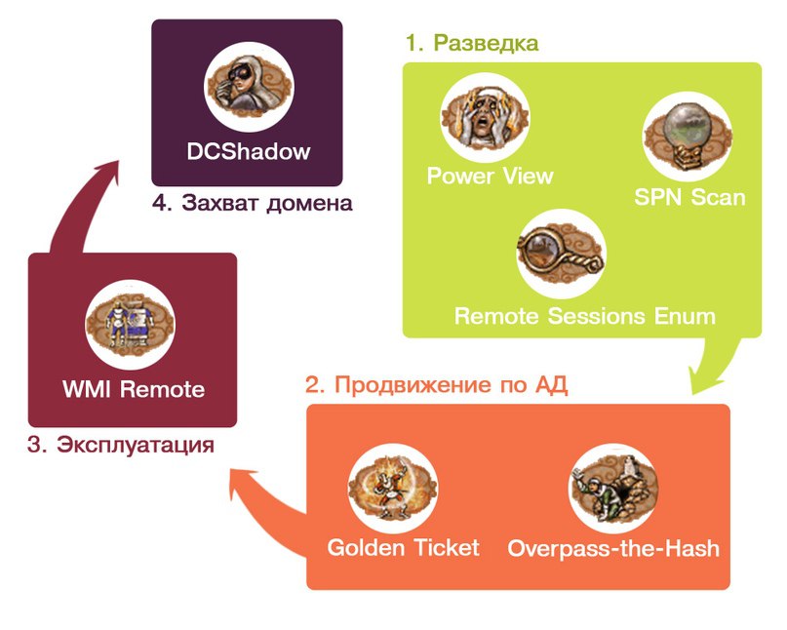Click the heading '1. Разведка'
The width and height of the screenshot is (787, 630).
tap(472, 44)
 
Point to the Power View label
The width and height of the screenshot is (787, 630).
tap(490, 177)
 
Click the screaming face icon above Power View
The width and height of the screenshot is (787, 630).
tap(485, 119)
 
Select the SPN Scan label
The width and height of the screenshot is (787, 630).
tap(689, 198)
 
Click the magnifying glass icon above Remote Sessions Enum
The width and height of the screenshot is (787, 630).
tap(560, 253)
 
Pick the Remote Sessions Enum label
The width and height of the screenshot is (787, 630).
tap(585, 317)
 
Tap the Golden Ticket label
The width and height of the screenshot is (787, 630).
tap(403, 548)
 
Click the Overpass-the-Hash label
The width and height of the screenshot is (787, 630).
tap(613, 549)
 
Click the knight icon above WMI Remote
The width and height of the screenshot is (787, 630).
tap(131, 323)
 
